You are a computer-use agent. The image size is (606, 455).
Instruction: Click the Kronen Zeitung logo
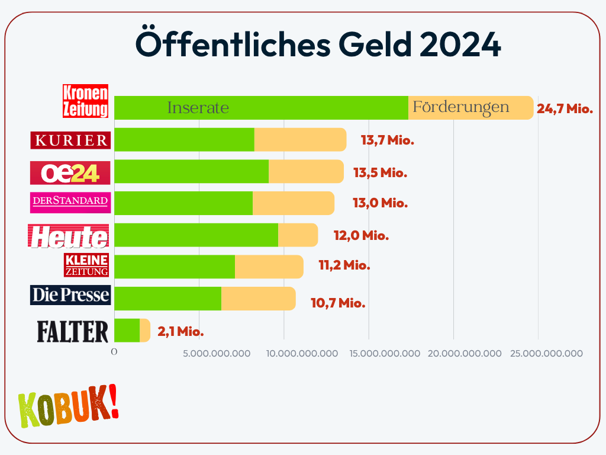click(x=86, y=101)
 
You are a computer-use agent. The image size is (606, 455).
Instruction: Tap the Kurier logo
click(x=71, y=140)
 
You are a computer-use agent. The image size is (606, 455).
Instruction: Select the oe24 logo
click(x=70, y=172)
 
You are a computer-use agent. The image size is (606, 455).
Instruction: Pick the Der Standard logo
click(x=70, y=202)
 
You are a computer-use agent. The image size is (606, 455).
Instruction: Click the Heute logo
click(x=69, y=236)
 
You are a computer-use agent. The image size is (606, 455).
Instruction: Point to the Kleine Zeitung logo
click(x=86, y=265)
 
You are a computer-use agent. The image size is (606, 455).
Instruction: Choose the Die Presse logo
click(x=70, y=295)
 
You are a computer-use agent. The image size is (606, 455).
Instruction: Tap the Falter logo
click(x=73, y=331)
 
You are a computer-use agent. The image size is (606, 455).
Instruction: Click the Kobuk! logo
click(x=69, y=408)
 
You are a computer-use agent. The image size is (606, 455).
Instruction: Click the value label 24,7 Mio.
click(x=565, y=108)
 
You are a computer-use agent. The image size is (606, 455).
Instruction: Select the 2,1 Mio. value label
click(x=180, y=332)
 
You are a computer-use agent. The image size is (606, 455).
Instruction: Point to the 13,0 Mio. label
click(x=380, y=203)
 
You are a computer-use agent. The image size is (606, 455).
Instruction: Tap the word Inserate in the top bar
click(x=198, y=108)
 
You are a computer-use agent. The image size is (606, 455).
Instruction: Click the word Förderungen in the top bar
click(x=460, y=107)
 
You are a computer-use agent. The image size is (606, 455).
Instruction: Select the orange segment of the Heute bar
click(x=298, y=235)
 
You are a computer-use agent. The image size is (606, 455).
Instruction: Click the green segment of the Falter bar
click(x=127, y=330)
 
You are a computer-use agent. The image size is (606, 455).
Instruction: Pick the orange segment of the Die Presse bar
click(x=258, y=298)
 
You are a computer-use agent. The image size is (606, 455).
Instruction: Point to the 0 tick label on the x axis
click(x=114, y=352)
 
